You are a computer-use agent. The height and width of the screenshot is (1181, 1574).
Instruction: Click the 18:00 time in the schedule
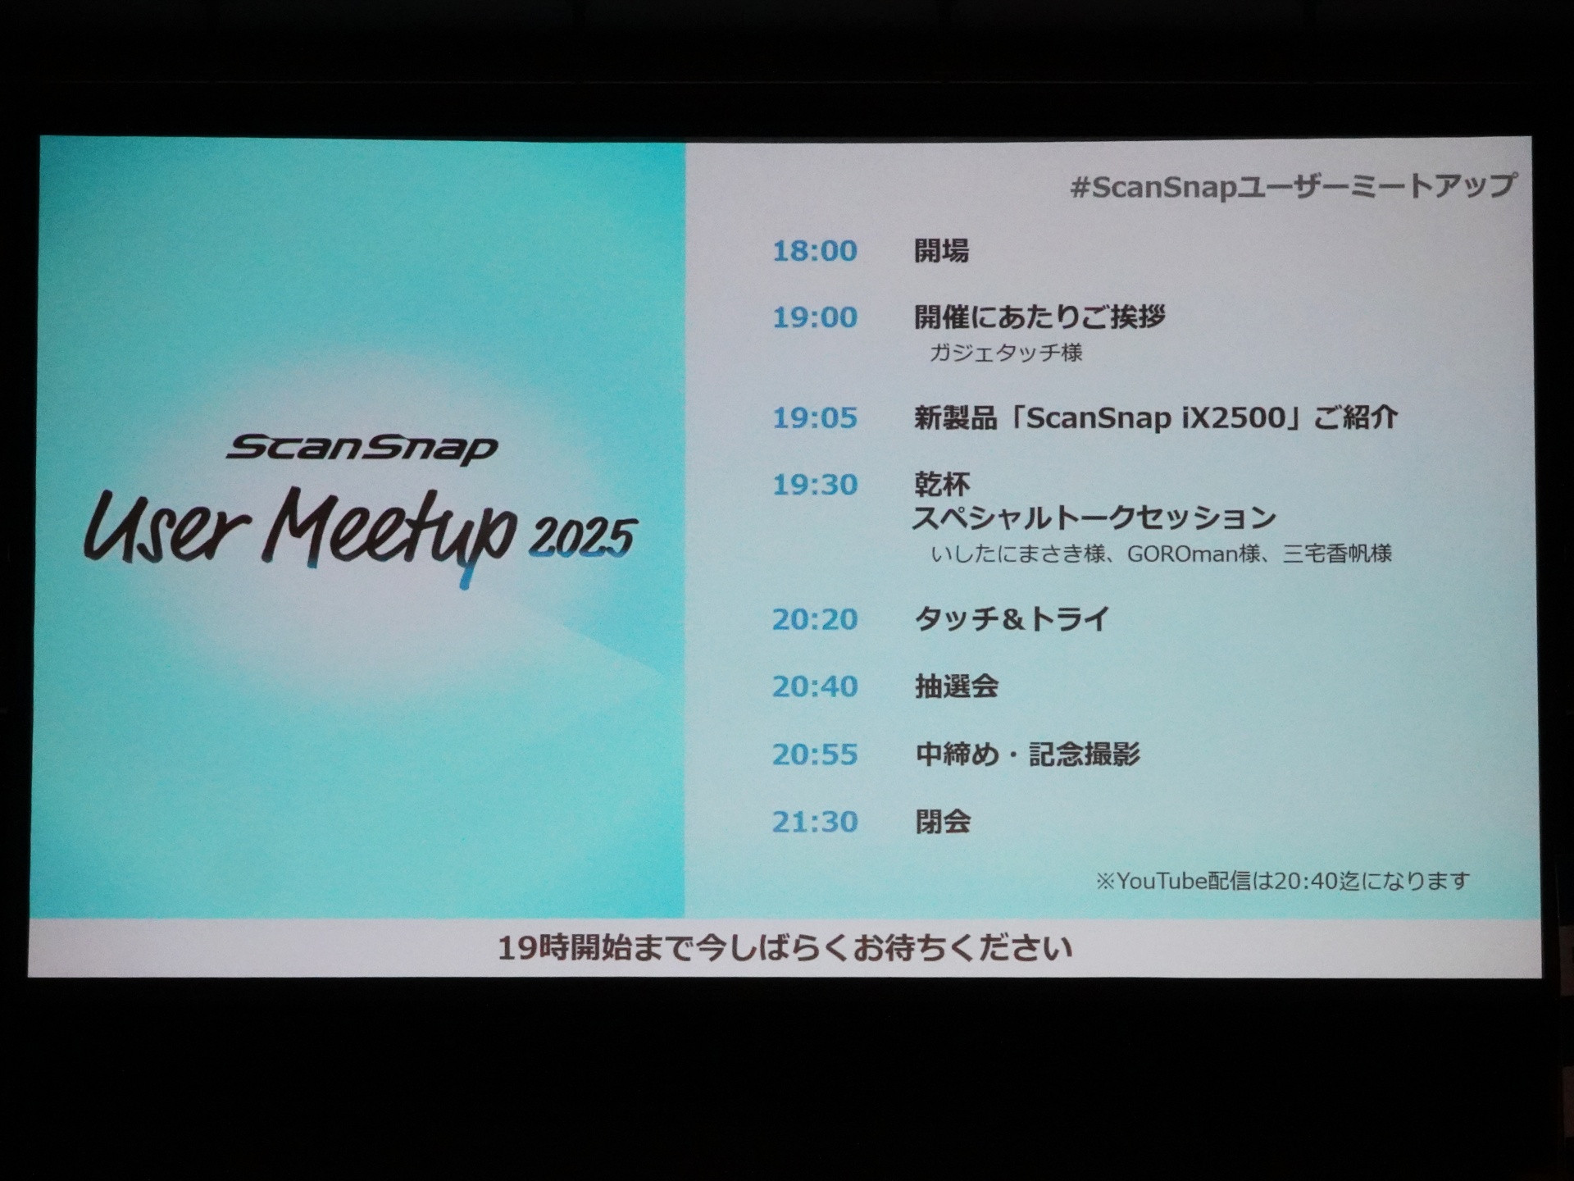[x=815, y=250]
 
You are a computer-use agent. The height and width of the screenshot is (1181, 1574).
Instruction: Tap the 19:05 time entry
[x=815, y=417]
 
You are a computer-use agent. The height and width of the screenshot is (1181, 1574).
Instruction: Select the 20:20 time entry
[x=815, y=618]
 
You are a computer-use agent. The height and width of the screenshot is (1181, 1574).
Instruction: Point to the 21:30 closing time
[x=815, y=821]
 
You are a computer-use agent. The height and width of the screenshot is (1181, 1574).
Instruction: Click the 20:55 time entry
[x=815, y=754]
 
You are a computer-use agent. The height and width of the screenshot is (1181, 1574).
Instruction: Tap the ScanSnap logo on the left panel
[x=362, y=449]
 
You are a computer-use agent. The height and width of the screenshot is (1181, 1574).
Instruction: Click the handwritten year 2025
[x=582, y=537]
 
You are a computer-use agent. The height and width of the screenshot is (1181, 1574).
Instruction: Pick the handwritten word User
[x=166, y=529]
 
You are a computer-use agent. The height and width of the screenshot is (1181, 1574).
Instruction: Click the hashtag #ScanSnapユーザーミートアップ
[x=1293, y=187]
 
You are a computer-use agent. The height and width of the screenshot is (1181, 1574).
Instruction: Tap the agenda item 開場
[x=942, y=250]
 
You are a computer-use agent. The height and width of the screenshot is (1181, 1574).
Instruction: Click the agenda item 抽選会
[x=957, y=686]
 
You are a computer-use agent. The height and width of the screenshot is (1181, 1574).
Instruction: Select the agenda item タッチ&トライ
[x=1012, y=618]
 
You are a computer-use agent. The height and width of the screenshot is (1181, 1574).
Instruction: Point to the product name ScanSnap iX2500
[x=1156, y=417]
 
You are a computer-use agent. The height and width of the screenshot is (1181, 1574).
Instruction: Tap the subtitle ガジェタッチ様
[x=1006, y=353]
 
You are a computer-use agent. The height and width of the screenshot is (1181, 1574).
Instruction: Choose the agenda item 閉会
[x=943, y=821]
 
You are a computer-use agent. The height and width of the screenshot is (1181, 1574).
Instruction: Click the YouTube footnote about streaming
[x=1283, y=881]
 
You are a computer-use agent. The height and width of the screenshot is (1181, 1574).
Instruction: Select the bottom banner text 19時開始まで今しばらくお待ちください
[x=785, y=948]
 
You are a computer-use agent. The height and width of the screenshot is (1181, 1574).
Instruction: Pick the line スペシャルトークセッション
[x=1095, y=518]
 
